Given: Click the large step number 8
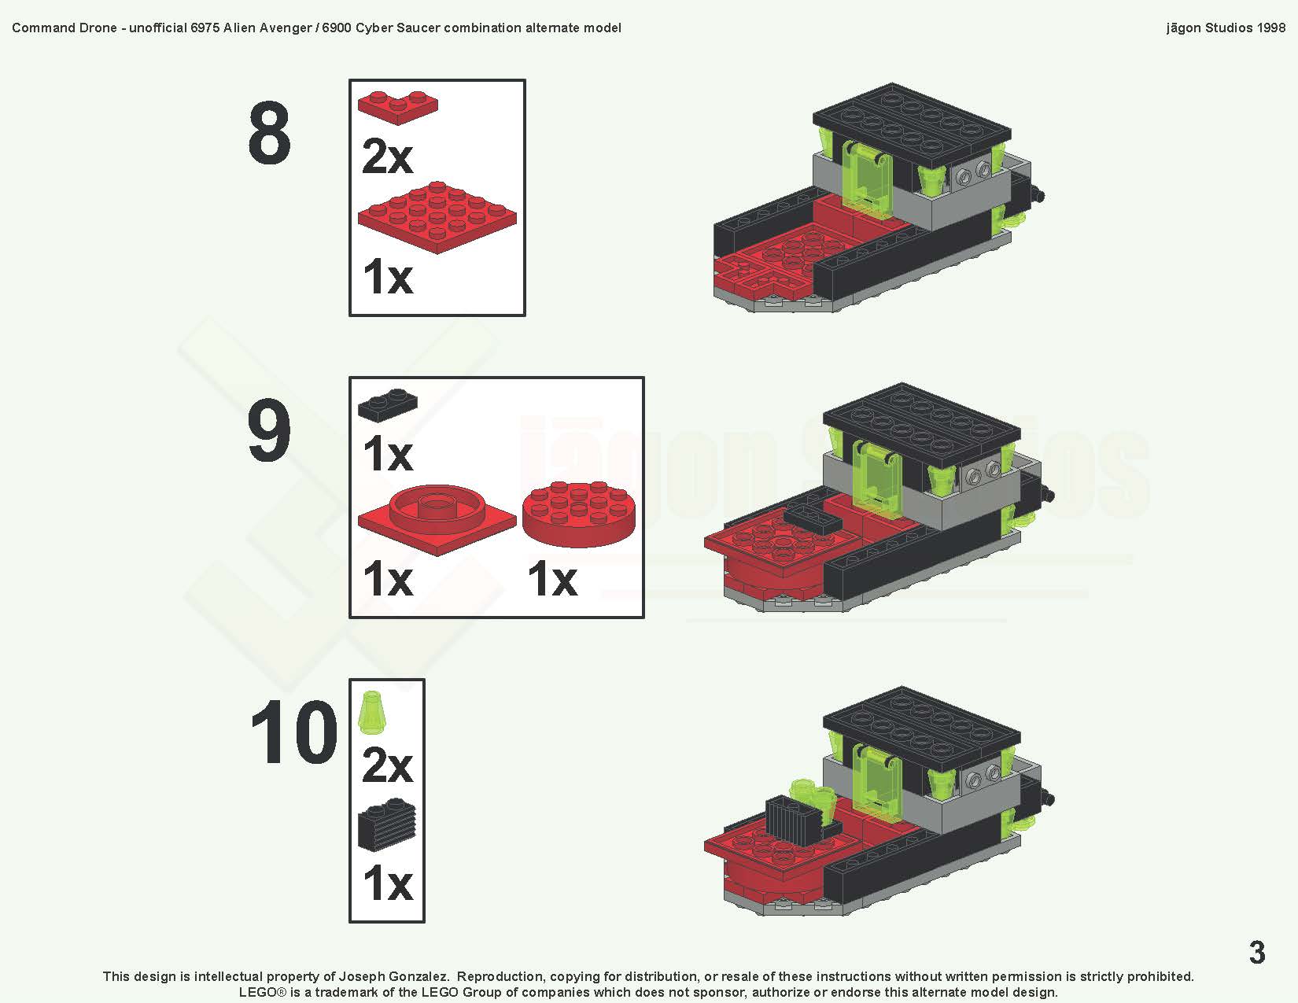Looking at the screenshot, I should point(269,135).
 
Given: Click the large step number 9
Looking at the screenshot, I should point(269,432).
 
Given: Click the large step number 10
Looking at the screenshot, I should point(293,734).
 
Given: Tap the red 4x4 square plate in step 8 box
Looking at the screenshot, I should point(437,216).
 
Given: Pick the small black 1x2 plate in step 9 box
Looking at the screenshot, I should point(387,404).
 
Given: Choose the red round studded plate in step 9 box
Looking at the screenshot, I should point(578,512).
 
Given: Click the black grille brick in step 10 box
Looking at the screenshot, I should point(386,825).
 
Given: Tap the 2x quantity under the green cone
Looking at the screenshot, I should point(386,765).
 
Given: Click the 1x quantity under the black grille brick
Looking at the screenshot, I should point(386,883).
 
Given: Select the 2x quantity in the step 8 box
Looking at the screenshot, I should point(386,157).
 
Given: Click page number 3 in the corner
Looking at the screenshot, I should point(1256,953).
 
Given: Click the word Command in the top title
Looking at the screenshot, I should point(42,28).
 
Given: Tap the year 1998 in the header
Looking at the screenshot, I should point(1271,28).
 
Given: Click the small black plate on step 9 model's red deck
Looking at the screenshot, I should point(811,520).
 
